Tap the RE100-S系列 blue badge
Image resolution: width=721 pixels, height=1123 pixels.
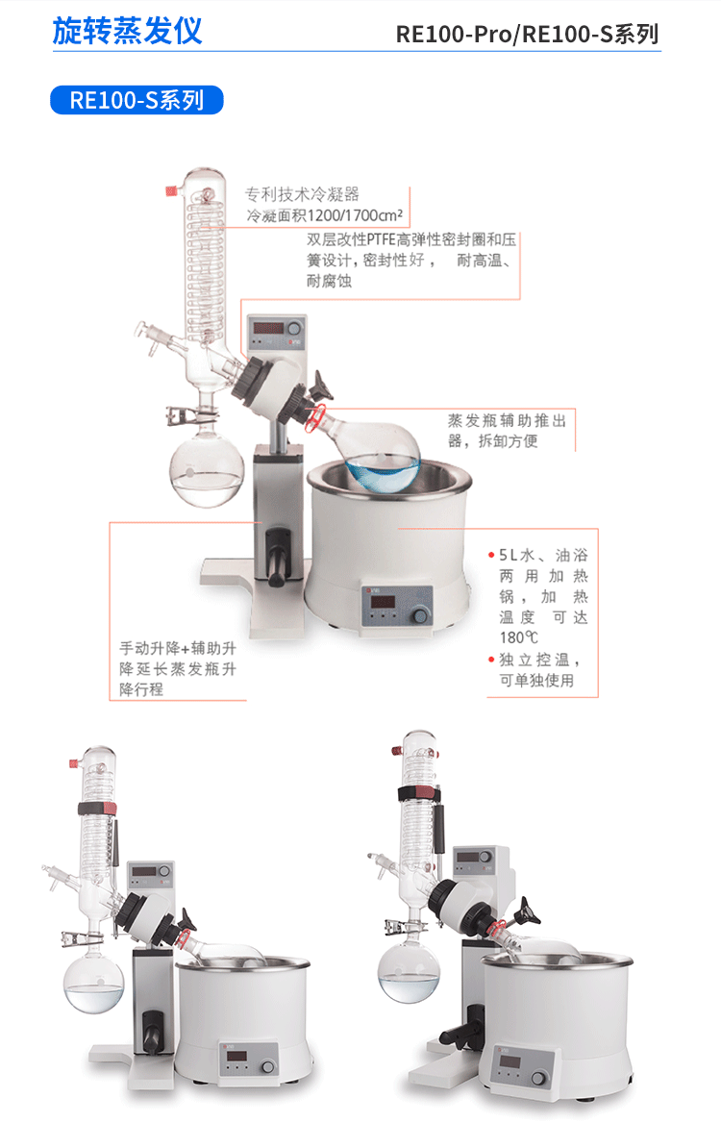[137, 100]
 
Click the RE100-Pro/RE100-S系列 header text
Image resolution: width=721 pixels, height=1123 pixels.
[527, 35]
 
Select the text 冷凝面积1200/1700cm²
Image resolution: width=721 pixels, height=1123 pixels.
[324, 214]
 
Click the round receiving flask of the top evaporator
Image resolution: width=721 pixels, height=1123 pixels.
[206, 471]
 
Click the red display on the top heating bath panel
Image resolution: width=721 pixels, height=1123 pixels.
[381, 602]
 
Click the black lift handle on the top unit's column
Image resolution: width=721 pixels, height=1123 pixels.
[277, 558]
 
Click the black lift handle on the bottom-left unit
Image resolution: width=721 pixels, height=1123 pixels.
[152, 1031]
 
